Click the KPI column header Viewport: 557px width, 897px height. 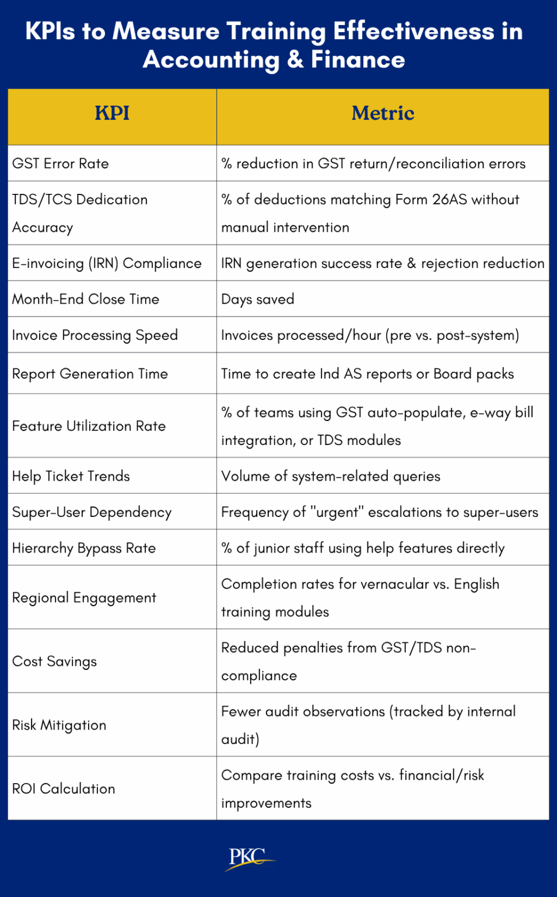point(112,113)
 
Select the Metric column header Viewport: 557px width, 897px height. point(383,113)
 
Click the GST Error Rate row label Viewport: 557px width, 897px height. point(61,164)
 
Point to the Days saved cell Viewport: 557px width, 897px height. point(258,299)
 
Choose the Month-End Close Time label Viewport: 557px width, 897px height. point(86,299)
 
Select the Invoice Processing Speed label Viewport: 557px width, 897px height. point(95,335)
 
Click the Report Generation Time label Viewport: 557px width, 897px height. point(90,374)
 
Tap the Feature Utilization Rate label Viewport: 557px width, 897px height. point(89,426)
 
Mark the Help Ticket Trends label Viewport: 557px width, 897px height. point(71,477)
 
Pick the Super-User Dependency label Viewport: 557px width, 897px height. point(92,512)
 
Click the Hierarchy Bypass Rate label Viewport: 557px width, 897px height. point(84,548)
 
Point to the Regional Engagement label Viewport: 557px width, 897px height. point(84,598)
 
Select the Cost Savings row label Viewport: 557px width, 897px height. point(55,662)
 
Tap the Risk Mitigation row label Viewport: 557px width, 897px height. point(59,725)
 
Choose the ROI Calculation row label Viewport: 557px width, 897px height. point(64,789)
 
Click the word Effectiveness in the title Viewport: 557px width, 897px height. point(414,32)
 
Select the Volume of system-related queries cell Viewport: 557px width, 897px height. point(331,477)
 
